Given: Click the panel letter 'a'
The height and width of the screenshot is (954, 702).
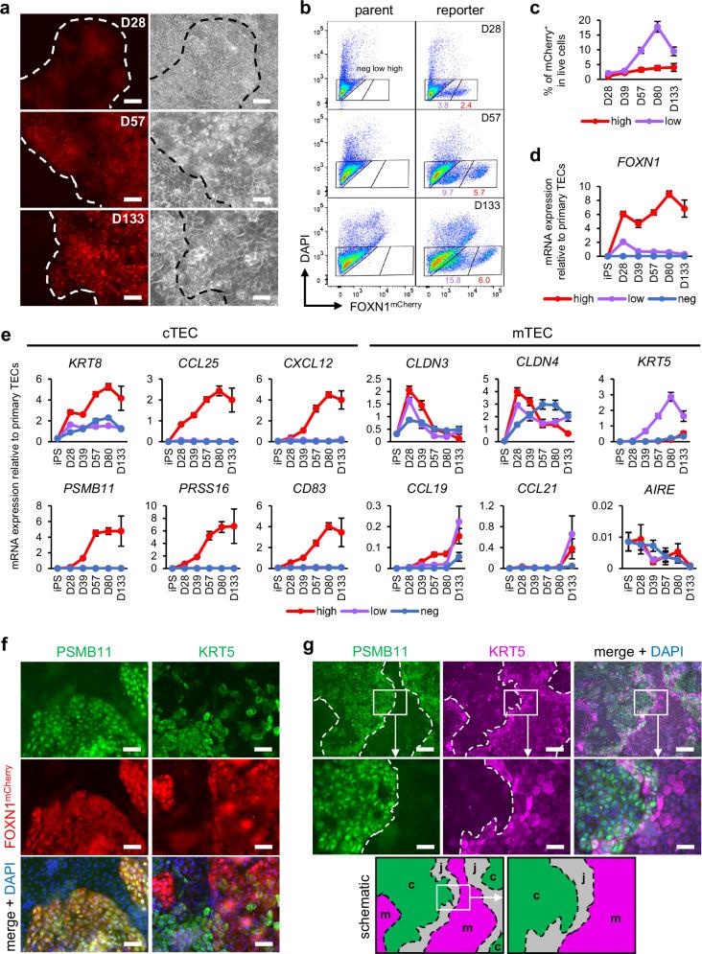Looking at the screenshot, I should coord(8,9).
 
